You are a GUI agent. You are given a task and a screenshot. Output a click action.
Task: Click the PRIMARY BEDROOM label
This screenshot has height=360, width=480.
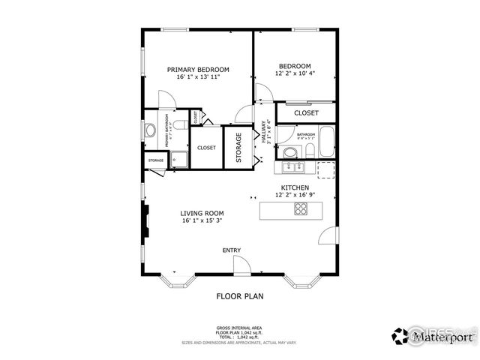[x=198, y=69]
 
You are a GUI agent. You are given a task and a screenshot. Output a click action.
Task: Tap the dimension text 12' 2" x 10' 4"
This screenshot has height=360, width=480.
[x=295, y=73]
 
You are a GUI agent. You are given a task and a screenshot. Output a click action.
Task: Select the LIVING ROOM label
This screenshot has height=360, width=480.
[x=202, y=213]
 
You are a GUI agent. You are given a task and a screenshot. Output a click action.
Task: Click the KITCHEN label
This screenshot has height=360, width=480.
[x=294, y=187]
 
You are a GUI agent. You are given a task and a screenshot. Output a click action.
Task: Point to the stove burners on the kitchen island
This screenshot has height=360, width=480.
[x=300, y=209]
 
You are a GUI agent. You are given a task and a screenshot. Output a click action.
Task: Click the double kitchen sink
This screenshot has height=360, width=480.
[x=292, y=168]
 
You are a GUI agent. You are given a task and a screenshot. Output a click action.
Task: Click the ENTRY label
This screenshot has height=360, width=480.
[x=232, y=250]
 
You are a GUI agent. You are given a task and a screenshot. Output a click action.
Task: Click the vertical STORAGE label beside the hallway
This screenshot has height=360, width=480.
[x=238, y=148]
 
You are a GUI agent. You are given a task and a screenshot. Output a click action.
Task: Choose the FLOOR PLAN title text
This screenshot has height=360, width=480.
[x=240, y=296]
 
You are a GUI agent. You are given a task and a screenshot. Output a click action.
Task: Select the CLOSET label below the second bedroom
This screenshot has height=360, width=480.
[x=306, y=112]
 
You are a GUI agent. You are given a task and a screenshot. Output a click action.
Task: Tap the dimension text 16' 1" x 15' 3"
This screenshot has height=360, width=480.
[x=202, y=221]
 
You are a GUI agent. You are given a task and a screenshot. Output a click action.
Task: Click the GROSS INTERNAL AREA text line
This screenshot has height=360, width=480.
[x=239, y=328]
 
